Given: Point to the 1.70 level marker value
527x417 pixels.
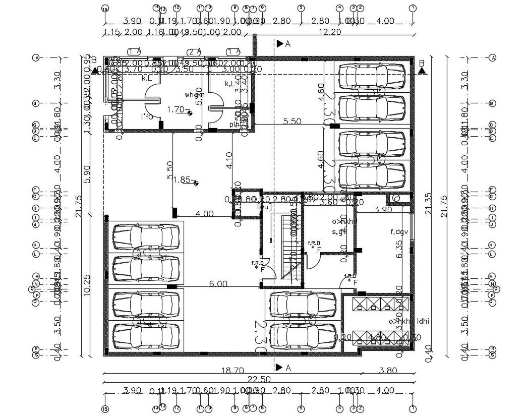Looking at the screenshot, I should point(175,109).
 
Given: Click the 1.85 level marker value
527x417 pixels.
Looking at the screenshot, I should point(182,180).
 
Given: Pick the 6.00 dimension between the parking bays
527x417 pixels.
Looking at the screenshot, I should point(217,284).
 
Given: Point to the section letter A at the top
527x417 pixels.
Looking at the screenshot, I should point(288,44).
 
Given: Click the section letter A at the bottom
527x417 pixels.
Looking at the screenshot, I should point(288,368).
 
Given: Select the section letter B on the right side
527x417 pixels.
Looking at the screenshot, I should point(422,63).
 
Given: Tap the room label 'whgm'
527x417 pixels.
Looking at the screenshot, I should point(194,95).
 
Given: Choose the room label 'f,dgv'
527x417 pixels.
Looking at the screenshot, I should point(399,232).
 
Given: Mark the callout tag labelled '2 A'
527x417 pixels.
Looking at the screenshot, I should point(195,51).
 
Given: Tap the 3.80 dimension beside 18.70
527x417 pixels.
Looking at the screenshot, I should point(388,370).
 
